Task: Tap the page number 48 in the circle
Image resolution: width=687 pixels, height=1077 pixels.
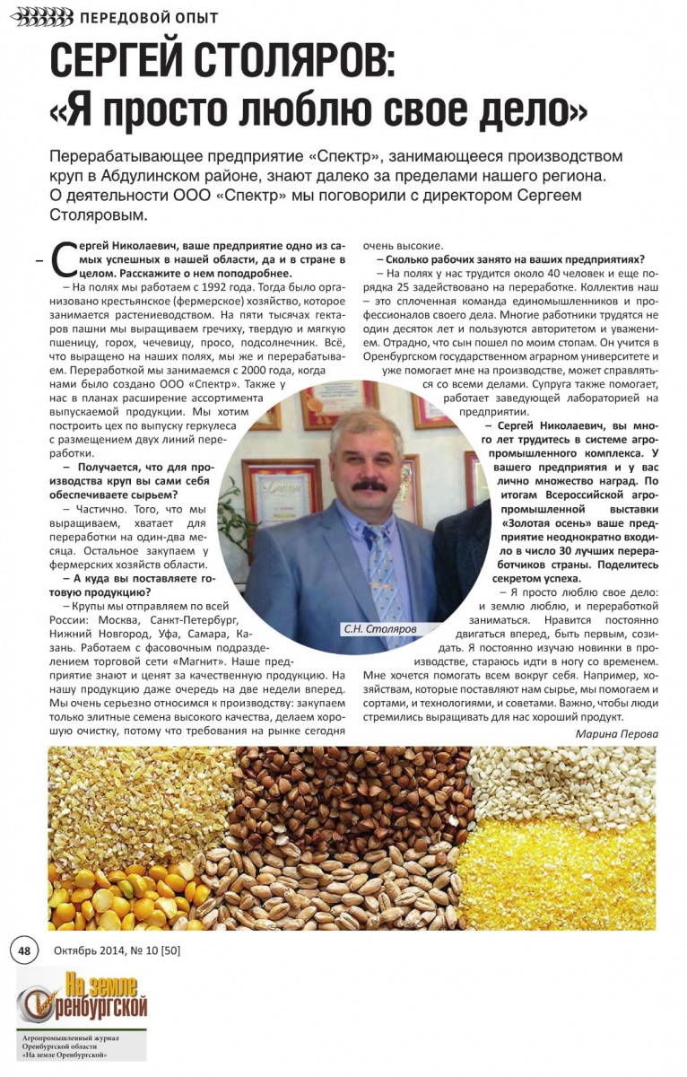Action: [x=23, y=950]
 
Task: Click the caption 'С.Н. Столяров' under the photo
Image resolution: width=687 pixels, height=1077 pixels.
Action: [x=380, y=629]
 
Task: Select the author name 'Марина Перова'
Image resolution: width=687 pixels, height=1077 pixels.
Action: [x=616, y=733]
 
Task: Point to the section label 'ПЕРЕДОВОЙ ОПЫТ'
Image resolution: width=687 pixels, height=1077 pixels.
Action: [x=149, y=18]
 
